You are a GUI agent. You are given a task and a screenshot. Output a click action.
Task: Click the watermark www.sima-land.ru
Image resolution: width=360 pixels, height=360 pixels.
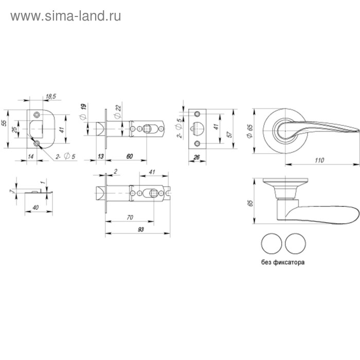(66, 16)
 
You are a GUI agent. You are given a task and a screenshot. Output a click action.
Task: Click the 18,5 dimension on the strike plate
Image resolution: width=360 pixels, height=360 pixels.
(50, 96)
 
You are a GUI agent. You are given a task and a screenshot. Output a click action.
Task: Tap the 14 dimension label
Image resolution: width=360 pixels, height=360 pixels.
(31, 155)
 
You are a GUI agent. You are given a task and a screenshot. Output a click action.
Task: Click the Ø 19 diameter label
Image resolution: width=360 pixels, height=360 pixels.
(83, 110)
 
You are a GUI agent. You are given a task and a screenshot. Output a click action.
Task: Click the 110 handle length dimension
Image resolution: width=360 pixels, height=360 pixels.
(319, 160)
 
